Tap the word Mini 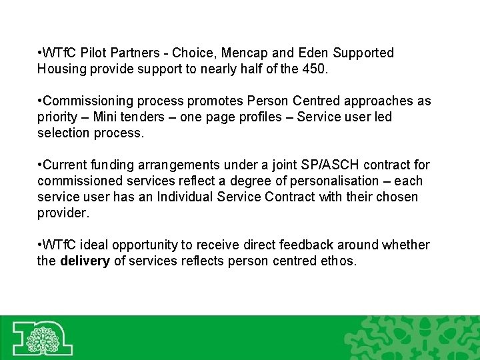point(107,117)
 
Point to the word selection point(63,133)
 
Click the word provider point(62,213)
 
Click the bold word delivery point(85,261)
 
